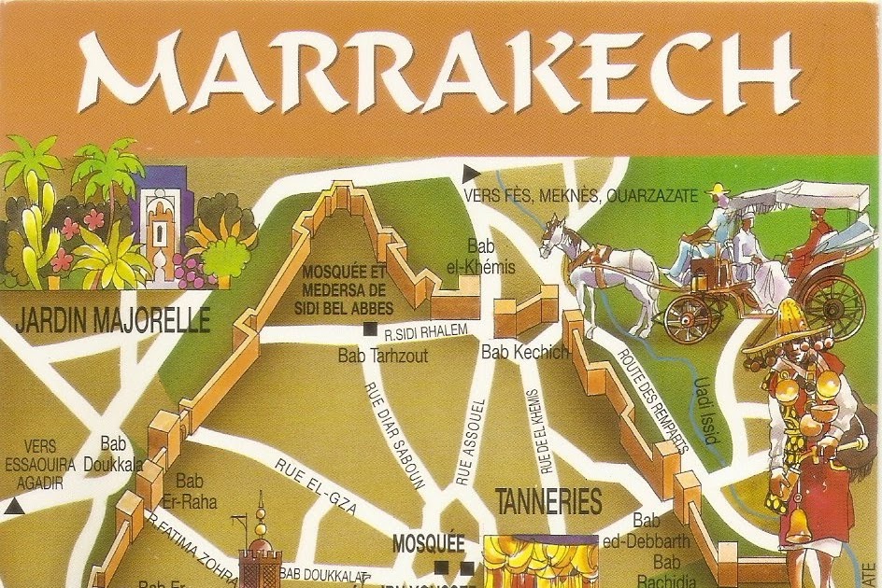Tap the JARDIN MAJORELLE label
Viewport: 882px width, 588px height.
[x=112, y=321]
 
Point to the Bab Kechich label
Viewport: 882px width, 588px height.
[x=524, y=352]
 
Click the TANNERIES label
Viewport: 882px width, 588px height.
[x=548, y=502]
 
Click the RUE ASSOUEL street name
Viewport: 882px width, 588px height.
[x=470, y=441]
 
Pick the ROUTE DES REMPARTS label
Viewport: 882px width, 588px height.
[x=653, y=399]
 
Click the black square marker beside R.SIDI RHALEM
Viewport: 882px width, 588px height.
[x=371, y=329]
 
